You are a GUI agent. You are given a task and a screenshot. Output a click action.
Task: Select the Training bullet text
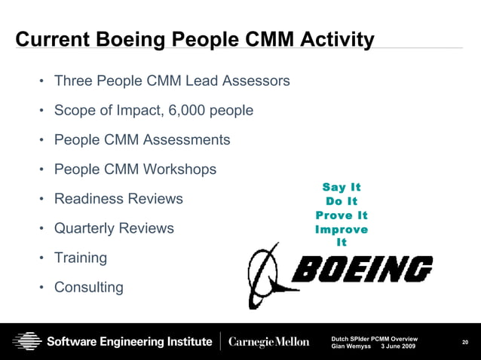[x=81, y=258]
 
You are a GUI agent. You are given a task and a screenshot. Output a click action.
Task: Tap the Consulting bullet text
[x=89, y=287]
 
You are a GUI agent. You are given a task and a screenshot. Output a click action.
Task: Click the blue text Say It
[x=342, y=188]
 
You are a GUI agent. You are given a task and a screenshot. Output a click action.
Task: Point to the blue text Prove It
[x=342, y=215]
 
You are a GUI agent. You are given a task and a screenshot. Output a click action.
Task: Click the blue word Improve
[x=342, y=229]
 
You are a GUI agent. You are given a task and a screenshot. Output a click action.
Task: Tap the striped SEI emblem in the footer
[x=26, y=341]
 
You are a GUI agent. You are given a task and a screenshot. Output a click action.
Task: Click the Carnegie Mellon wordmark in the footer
[x=268, y=342]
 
